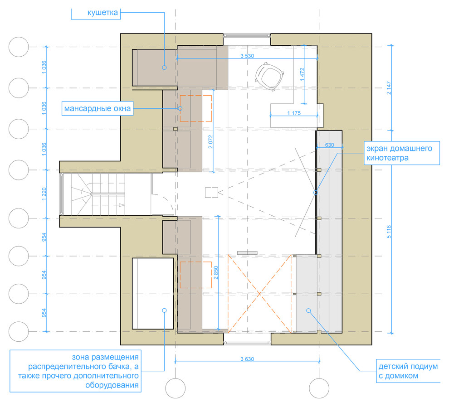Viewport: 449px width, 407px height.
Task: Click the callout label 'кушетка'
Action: (102, 13)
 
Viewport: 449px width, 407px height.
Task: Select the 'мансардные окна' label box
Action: (98, 108)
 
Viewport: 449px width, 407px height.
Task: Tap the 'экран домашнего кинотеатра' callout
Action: (401, 153)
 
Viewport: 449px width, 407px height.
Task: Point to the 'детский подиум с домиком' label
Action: (408, 371)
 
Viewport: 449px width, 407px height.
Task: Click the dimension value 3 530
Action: (247, 56)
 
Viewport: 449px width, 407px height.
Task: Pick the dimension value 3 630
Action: (247, 359)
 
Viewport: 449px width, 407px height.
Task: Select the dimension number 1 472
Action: (303, 74)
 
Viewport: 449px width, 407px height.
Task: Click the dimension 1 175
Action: (294, 113)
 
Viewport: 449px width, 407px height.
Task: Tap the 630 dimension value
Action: (330, 145)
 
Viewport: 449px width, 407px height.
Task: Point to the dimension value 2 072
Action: (211, 142)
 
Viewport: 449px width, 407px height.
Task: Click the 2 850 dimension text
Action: (216, 273)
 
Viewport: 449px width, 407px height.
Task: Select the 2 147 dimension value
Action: (389, 88)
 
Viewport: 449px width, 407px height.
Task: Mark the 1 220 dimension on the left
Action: (44, 194)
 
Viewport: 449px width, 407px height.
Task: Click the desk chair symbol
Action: (269, 77)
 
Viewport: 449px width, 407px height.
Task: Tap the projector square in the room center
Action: (212, 192)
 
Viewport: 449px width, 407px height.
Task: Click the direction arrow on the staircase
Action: (122, 205)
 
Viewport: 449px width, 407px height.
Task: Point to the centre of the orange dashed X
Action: (259, 294)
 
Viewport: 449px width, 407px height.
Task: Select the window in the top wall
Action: (247, 36)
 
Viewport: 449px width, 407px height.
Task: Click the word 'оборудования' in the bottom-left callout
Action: (112, 385)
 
